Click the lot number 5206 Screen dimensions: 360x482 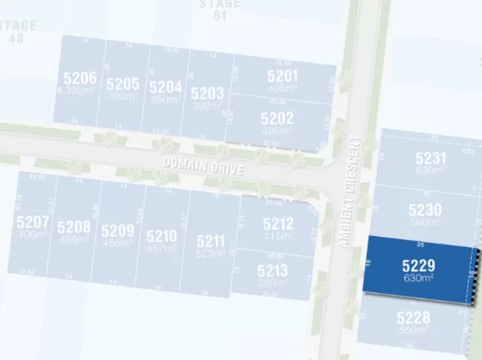tap(80, 78)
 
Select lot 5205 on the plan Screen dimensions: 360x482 tap(122, 84)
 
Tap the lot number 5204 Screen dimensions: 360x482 tap(165, 86)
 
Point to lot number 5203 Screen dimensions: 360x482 tap(207, 94)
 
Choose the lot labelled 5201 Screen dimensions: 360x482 tap(282, 76)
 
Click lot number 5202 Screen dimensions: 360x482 tap(277, 118)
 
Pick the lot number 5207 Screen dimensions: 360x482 tap(32, 221)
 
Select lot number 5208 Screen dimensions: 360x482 tap(73, 228)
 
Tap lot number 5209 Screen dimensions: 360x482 tap(117, 231)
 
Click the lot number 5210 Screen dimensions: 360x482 tap(161, 235)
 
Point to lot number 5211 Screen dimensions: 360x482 tap(210, 240)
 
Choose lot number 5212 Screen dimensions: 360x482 tap(278, 224)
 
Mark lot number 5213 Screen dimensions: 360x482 tap(272, 271)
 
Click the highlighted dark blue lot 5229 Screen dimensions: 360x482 tap(419, 266)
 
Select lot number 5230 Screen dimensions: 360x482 tap(425, 210)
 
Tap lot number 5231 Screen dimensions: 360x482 tap(431, 159)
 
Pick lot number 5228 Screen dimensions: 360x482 tap(413, 318)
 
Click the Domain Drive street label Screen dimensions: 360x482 tap(204, 166)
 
